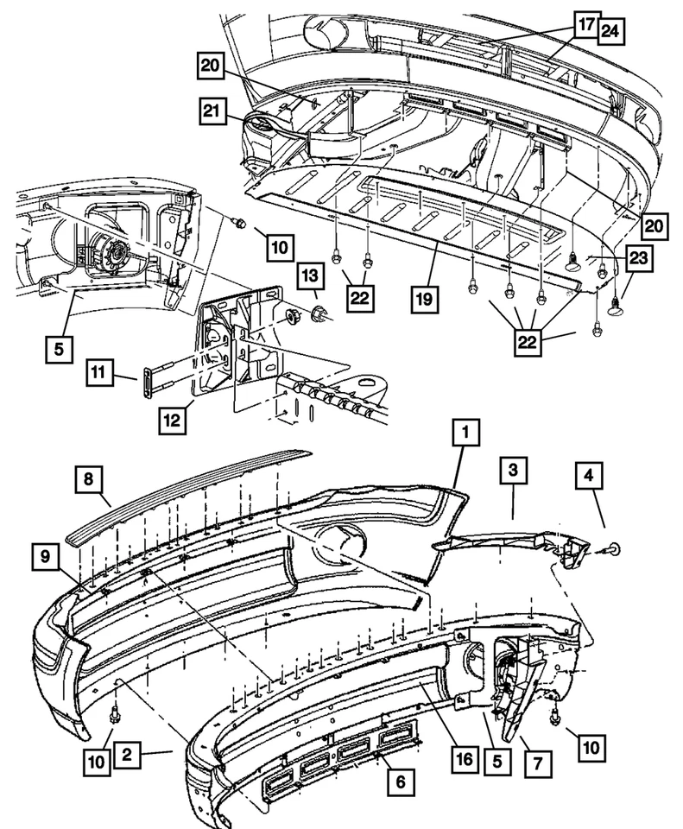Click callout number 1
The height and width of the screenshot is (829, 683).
coord(465,432)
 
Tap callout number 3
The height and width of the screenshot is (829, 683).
coord(512,471)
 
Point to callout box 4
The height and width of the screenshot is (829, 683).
coord(591,474)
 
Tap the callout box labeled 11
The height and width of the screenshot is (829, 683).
coord(99,374)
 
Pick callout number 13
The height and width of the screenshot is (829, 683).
coord(311,276)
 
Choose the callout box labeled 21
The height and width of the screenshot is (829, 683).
coord(210,110)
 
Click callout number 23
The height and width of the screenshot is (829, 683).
coord(640,257)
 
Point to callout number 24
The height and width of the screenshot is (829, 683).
coord(610,31)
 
